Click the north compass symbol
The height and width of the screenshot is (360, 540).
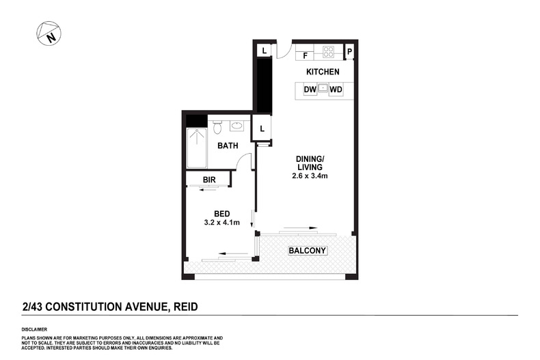(x=49, y=34)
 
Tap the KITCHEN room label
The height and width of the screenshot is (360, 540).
(x=323, y=71)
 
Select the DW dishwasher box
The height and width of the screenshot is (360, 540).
(x=309, y=89)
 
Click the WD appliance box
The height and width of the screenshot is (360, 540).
(x=336, y=89)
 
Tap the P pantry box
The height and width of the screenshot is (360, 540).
(x=349, y=51)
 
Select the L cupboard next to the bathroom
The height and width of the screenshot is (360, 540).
(x=262, y=127)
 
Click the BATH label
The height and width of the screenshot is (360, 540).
(x=227, y=146)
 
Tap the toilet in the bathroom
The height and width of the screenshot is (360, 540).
(x=217, y=126)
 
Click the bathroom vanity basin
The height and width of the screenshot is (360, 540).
(x=237, y=125)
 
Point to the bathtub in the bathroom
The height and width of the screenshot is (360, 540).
(x=197, y=146)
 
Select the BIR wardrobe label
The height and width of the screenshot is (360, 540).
(x=210, y=180)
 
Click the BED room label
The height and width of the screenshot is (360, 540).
(x=221, y=212)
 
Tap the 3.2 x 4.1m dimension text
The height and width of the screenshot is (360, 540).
(x=221, y=222)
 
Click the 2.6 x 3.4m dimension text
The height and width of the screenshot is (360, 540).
(x=309, y=176)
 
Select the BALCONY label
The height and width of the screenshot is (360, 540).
(x=308, y=251)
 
